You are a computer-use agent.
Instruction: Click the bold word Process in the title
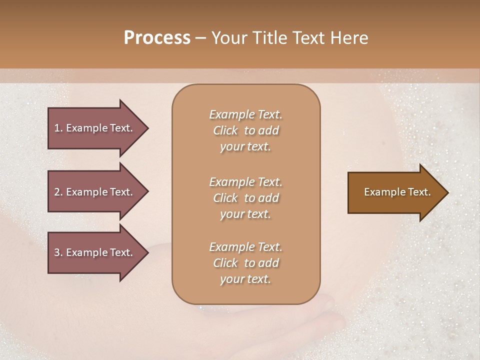coord(157,38)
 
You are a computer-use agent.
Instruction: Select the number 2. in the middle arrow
coord(58,192)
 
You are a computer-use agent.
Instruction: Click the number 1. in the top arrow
coord(58,128)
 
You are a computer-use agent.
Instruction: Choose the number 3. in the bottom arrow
coord(58,252)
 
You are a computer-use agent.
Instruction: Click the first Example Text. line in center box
coord(245,114)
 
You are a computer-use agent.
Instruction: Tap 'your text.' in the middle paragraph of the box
coord(245,214)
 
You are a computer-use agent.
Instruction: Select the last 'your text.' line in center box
coord(245,279)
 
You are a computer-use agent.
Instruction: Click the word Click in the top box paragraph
coord(225,130)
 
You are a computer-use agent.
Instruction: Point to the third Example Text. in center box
coord(245,247)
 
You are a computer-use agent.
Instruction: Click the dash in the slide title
coord(200,38)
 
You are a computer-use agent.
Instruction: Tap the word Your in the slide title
coord(228,38)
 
